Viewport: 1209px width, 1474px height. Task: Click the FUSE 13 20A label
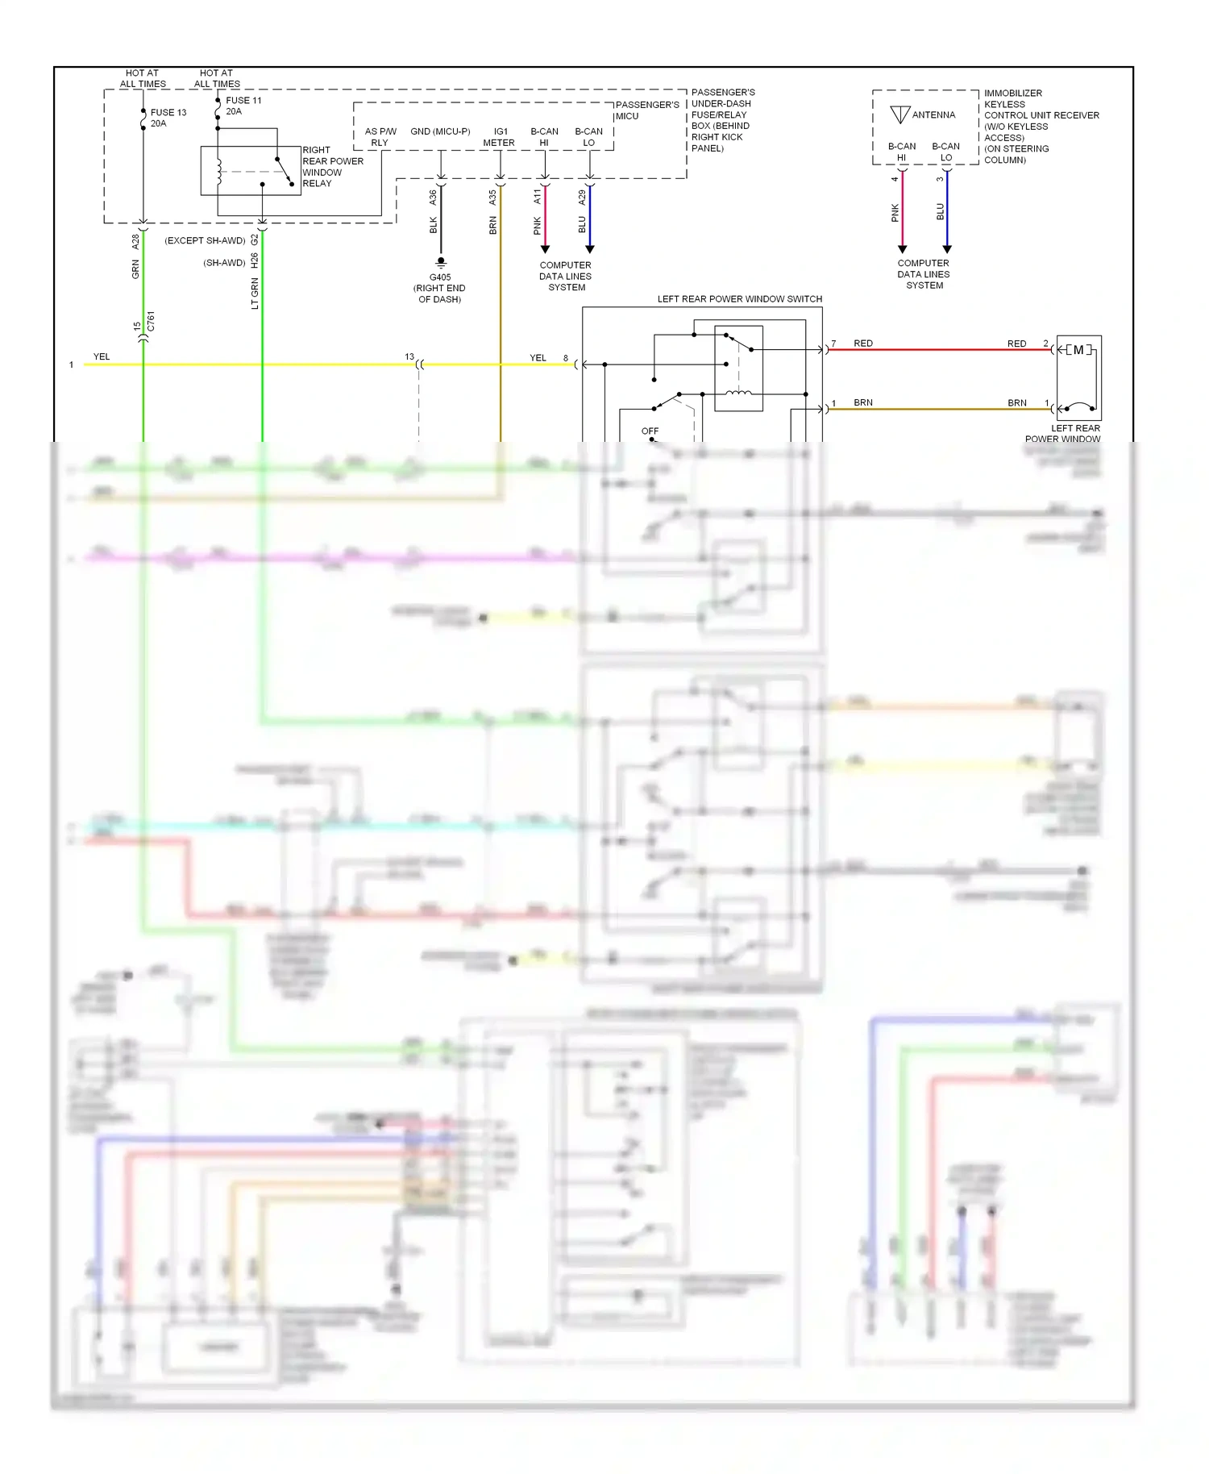click(168, 118)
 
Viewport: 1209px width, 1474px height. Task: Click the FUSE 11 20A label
click(243, 106)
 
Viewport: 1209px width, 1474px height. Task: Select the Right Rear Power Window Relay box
click(250, 170)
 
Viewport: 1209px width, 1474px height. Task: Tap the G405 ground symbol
click(440, 263)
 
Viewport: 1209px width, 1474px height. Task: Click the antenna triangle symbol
click(900, 115)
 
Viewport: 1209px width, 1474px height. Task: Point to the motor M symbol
click(1078, 350)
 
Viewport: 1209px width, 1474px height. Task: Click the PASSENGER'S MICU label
click(646, 110)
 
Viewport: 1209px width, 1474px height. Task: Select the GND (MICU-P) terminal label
click(440, 131)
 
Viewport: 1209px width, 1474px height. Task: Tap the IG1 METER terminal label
click(499, 137)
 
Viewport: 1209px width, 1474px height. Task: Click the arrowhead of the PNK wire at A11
click(545, 248)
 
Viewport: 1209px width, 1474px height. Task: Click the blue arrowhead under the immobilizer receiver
click(947, 248)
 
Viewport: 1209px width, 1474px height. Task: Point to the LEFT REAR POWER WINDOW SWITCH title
click(739, 299)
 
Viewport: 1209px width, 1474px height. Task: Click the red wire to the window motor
click(935, 350)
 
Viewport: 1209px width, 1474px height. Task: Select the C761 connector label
click(151, 321)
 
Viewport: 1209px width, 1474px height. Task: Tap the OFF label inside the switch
click(650, 431)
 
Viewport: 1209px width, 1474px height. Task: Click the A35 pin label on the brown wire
click(492, 197)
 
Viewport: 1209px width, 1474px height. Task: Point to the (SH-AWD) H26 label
click(231, 262)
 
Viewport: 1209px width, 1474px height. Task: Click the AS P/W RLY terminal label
click(380, 137)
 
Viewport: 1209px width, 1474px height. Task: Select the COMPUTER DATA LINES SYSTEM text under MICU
click(566, 276)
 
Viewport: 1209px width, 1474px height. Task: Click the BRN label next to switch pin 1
click(862, 402)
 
